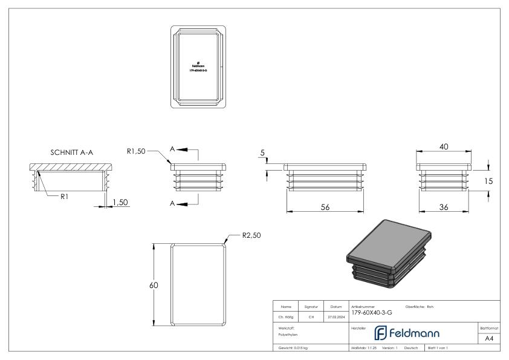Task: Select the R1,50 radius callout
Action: tap(137, 152)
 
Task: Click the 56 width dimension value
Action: tap(326, 206)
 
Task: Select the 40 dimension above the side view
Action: tap(444, 146)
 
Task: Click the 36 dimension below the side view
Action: tap(444, 206)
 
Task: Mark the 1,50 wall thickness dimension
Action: tap(120, 201)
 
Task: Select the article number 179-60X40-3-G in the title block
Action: tap(371, 313)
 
